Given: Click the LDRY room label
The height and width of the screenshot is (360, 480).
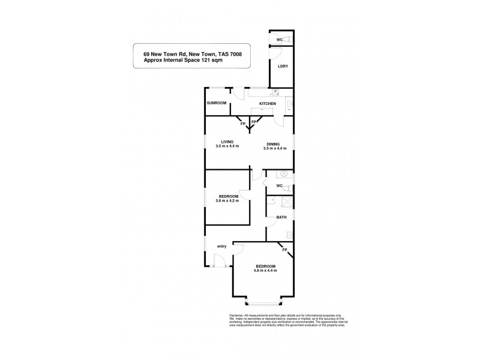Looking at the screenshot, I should (283, 66).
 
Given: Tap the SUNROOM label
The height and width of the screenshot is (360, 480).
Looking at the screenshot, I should (217, 103).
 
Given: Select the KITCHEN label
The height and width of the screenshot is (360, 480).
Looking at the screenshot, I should (268, 104).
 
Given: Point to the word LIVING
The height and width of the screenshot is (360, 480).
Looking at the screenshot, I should (227, 141).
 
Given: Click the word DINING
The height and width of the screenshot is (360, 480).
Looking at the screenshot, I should (274, 144).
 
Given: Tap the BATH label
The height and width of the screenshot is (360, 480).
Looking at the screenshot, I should (280, 217).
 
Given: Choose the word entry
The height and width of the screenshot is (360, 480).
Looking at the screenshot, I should (222, 246).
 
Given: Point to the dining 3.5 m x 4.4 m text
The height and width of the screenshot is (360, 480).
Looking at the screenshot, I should (274, 148).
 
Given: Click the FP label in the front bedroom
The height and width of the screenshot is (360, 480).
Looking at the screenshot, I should (284, 249).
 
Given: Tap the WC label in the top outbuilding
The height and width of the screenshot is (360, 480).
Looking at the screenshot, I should (279, 40).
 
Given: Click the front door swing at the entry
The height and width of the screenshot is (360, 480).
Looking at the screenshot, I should (218, 259).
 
